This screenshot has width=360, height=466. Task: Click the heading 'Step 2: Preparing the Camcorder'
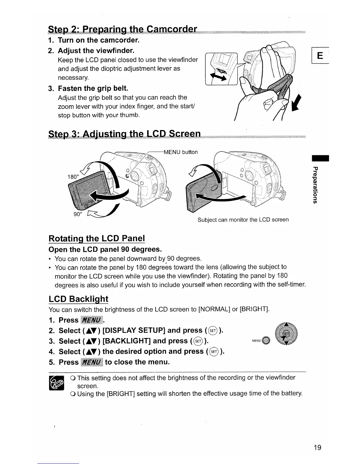[122, 29]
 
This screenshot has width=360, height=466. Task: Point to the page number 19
[317, 447]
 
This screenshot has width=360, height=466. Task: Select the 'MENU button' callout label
[181, 152]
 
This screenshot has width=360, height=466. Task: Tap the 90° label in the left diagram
[77, 214]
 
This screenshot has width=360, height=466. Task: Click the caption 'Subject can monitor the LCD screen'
[243, 220]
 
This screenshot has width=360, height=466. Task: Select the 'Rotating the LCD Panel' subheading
[97, 238]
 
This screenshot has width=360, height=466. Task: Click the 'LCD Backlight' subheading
[79, 299]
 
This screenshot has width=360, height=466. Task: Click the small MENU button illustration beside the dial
[266, 341]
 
